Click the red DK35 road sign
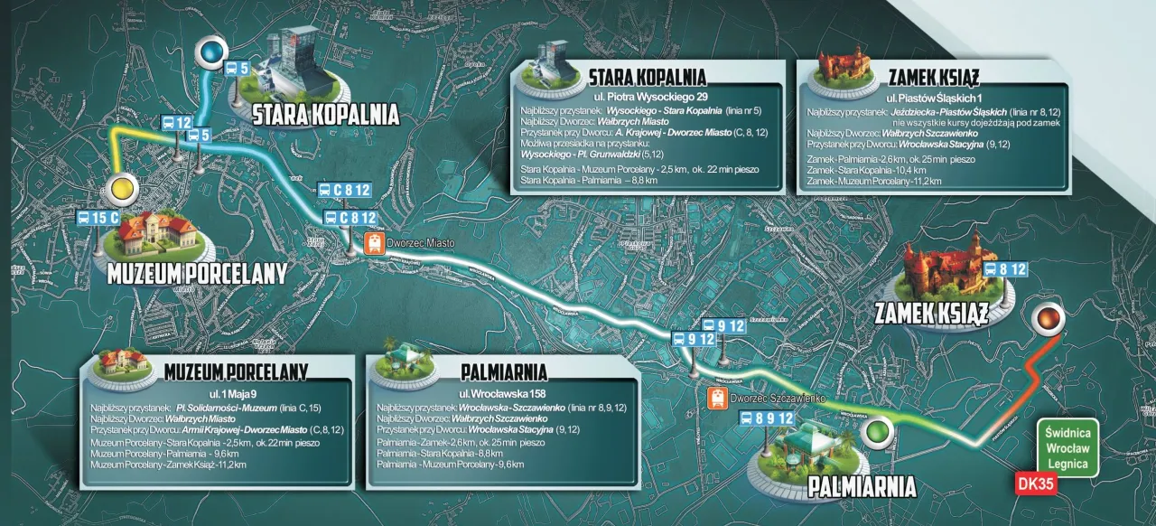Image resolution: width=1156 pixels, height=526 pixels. (1035, 484)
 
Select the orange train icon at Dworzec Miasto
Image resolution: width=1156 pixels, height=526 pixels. (373, 242)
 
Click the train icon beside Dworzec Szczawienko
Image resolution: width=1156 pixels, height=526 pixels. (716, 397)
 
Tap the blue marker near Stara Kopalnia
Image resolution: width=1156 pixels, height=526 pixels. (213, 52)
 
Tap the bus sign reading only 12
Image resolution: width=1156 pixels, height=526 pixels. (176, 122)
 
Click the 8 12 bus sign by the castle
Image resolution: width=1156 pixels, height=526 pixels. (1005, 269)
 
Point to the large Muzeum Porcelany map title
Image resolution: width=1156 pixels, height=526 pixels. (196, 274)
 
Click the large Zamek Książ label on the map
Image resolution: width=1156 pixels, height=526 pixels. (931, 313)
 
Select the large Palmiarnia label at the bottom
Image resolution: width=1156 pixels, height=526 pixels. (862, 488)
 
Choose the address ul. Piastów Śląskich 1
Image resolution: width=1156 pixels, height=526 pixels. (933, 97)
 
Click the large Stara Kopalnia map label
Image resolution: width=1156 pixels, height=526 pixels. (324, 115)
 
